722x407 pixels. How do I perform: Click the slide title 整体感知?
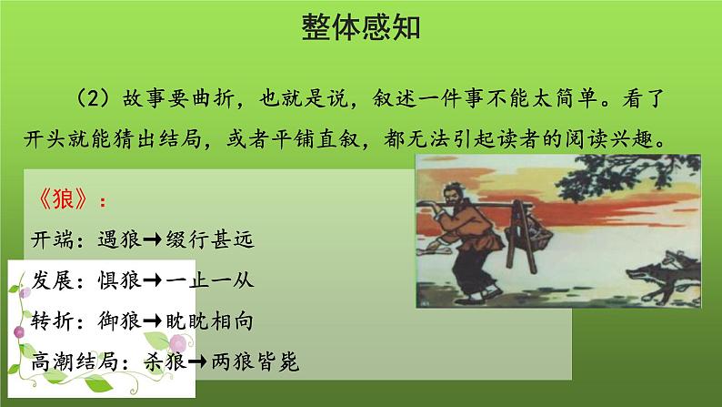360,27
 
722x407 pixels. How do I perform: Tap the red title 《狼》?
63,199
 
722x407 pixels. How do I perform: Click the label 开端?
52,239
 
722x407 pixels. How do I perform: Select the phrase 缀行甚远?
210,239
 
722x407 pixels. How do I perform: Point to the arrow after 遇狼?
153,239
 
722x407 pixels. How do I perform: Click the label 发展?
52,280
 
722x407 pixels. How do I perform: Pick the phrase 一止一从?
210,280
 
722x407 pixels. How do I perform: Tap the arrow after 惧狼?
153,280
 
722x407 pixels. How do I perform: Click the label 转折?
52,321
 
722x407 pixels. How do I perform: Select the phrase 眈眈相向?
210,321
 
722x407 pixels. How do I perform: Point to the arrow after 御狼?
153,321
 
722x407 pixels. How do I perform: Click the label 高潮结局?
75,361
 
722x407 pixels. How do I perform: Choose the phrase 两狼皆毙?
256,361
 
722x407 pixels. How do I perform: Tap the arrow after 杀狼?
197,361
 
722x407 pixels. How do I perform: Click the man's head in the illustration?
453,196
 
